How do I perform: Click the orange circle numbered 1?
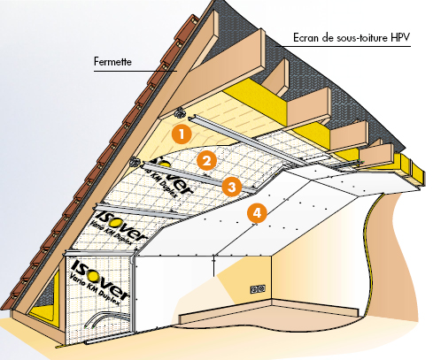click(181, 135)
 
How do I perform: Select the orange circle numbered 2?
click(206, 161)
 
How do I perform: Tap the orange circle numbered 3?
click(231, 187)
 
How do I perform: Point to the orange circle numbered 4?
click(257, 213)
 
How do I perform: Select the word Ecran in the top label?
click(306, 40)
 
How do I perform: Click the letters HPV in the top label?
click(401, 40)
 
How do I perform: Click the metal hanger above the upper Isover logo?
click(135, 162)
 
